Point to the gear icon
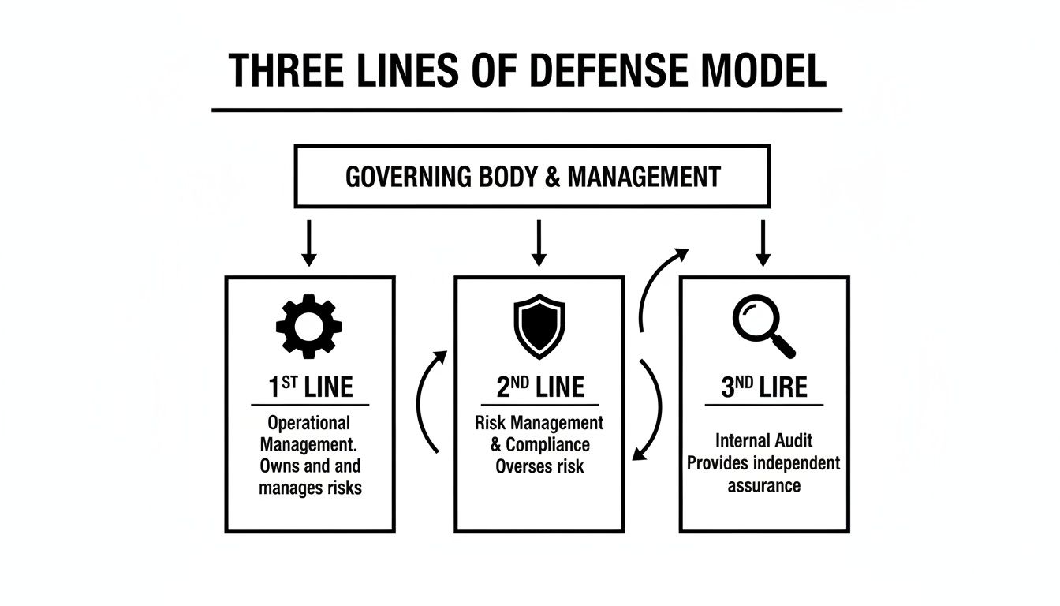(x=309, y=325)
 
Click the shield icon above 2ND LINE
(x=539, y=326)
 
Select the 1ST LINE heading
(x=310, y=387)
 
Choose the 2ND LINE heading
(x=539, y=387)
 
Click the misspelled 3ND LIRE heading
(x=763, y=387)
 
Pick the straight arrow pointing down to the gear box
(x=309, y=243)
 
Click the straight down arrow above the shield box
(x=539, y=243)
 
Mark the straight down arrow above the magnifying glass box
(x=763, y=243)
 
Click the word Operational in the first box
(x=308, y=422)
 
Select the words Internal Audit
(x=763, y=440)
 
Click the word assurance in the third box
(x=763, y=485)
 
